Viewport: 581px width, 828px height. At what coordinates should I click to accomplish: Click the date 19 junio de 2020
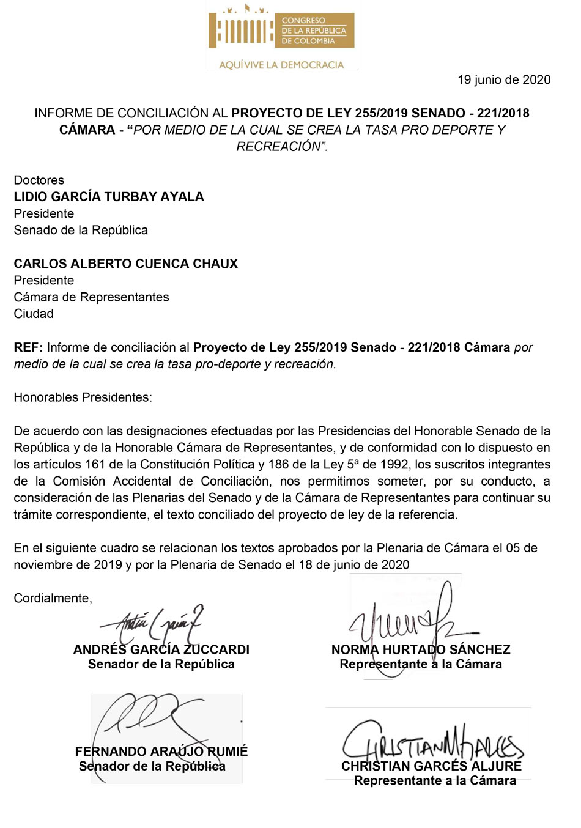point(503,79)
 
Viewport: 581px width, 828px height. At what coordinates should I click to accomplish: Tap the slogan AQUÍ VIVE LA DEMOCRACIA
point(281,65)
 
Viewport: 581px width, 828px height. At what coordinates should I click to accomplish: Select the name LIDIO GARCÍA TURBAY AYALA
point(109,197)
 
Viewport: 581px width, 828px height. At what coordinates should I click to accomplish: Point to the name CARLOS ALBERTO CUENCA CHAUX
point(126,264)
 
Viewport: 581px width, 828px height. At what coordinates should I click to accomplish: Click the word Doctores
point(39,180)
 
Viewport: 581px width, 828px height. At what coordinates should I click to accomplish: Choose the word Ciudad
point(34,314)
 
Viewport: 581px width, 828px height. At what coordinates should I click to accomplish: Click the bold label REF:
point(28,347)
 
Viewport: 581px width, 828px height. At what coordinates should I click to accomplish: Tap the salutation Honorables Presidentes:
point(83,397)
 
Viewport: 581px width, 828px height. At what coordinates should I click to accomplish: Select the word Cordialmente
point(53,598)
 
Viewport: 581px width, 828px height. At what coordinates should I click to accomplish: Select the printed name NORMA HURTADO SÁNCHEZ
point(421,649)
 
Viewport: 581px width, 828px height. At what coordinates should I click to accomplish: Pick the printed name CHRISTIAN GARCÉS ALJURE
point(431,766)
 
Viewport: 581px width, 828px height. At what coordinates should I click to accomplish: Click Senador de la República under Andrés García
point(161,665)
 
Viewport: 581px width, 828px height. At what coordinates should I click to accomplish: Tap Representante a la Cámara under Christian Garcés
point(435,781)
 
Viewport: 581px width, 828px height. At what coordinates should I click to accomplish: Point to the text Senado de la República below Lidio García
point(81,231)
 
